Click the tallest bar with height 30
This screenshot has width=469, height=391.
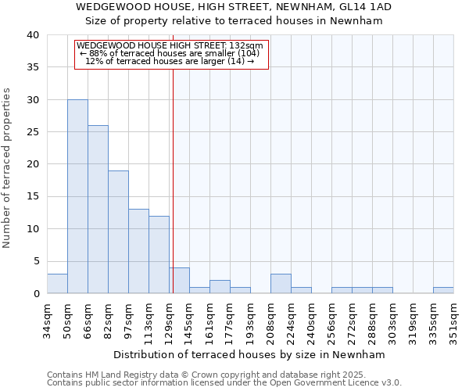[77, 196]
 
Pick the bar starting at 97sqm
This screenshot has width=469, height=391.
[138, 251]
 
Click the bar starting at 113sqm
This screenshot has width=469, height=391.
[159, 254]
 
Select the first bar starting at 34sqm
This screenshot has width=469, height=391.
[57, 284]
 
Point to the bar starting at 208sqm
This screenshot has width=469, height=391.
[281, 284]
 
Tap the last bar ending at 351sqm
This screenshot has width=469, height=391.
[443, 290]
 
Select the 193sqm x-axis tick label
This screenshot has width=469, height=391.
[251, 320]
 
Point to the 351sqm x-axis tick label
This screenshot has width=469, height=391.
[454, 320]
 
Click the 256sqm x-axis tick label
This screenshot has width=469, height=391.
[332, 320]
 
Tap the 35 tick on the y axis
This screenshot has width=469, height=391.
[32, 67]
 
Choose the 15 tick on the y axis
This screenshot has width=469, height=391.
[32, 196]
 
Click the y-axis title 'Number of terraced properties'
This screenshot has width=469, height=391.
[8, 167]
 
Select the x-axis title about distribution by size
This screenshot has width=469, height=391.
[250, 354]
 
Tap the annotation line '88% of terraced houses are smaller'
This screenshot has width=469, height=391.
[170, 53]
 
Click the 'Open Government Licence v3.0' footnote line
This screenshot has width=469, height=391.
[224, 383]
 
